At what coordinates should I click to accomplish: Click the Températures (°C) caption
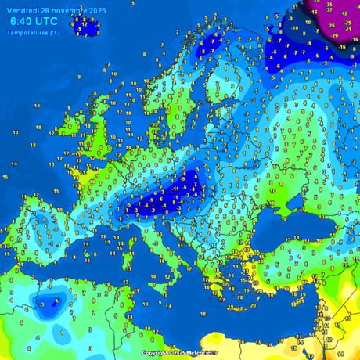[x=32, y=32]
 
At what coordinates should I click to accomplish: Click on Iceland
[x=85, y=27]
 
